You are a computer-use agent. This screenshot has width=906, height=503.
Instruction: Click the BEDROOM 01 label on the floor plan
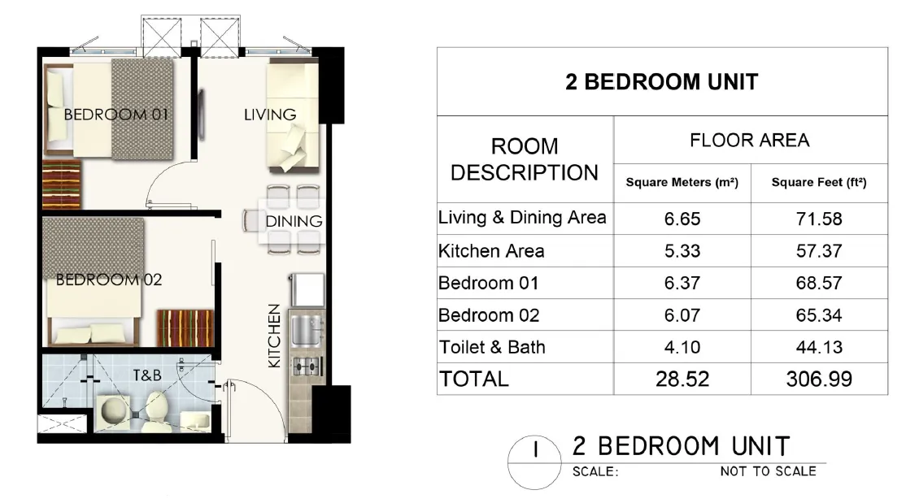point(116,115)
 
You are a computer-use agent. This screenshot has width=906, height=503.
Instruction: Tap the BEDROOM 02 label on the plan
point(109,280)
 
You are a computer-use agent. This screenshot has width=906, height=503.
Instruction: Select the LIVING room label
point(270,115)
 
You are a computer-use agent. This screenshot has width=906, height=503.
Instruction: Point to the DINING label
point(294,221)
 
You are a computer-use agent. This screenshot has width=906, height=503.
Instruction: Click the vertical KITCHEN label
point(275,336)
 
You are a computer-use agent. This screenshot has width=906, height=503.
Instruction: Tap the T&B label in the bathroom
point(147,375)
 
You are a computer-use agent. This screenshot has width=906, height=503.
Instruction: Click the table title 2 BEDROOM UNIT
point(661,82)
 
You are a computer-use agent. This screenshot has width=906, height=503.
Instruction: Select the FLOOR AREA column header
point(749,141)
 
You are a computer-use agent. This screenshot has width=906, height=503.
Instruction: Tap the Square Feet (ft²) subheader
point(818,184)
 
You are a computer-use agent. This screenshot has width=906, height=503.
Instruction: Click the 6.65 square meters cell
point(682,219)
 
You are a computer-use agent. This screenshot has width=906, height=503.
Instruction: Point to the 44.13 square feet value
point(818,348)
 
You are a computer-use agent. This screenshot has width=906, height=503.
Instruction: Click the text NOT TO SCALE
point(767,471)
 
